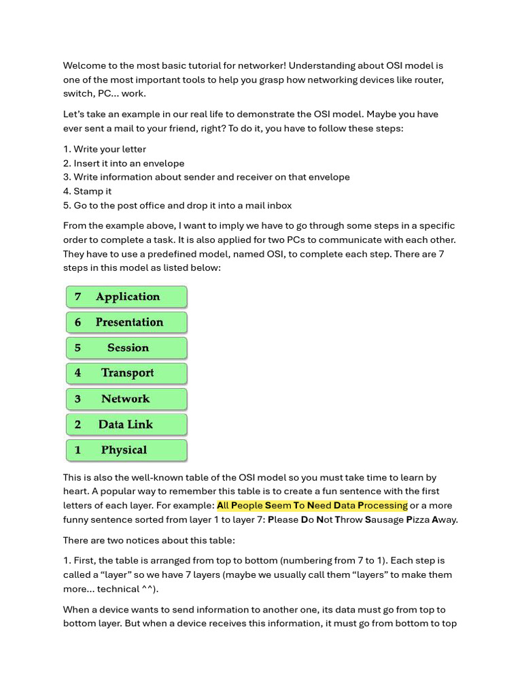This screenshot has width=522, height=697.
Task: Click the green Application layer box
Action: [126, 297]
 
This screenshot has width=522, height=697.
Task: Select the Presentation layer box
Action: [126, 322]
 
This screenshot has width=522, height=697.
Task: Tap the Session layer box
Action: [126, 348]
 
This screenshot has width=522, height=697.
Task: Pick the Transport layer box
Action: [126, 373]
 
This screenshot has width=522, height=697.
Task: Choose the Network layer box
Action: [126, 399]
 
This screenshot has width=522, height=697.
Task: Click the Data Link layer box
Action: [126, 424]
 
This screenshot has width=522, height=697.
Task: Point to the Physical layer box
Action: [126, 450]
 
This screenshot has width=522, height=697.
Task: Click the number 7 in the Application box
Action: [78, 297]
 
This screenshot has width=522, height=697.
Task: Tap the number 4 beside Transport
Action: [78, 373]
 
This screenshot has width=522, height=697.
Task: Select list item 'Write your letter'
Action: [109, 149]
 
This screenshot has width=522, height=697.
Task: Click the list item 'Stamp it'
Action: [92, 191]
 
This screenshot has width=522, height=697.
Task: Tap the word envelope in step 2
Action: [162, 163]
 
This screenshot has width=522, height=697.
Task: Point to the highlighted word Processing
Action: [383, 505]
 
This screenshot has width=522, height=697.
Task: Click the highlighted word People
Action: [246, 505]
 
